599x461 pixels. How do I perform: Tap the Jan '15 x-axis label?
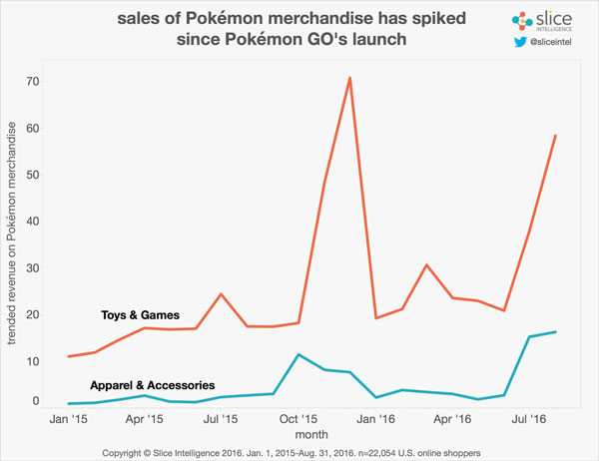[x=68, y=422]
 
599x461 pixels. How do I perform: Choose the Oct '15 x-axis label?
[x=299, y=422]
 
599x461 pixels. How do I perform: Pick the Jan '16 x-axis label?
[x=374, y=422]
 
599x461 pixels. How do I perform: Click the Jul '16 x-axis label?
[x=529, y=422]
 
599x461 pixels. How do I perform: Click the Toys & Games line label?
[x=141, y=315]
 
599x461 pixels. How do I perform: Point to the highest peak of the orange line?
[x=349, y=77]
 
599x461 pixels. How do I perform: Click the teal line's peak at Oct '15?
[x=299, y=354]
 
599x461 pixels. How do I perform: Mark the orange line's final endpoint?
[x=555, y=136]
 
